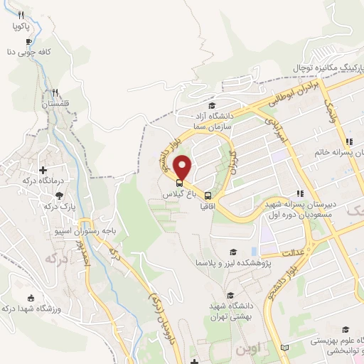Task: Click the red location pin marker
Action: click(x=183, y=167)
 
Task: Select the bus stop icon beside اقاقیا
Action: click(x=208, y=196)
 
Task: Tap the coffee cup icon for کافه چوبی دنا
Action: click(x=28, y=41)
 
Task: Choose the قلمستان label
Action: click(x=57, y=104)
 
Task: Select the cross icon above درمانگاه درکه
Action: click(x=44, y=171)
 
